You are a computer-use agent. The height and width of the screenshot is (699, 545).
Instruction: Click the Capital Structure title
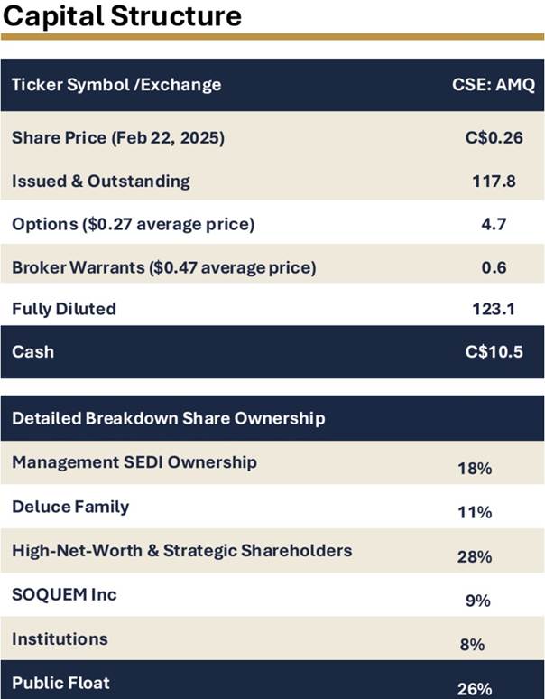122,15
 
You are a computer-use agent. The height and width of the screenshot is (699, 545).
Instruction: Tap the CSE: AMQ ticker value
493,85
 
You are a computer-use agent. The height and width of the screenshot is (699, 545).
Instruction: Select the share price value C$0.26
493,138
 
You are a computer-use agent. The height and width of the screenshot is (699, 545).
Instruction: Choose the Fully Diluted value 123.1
493,309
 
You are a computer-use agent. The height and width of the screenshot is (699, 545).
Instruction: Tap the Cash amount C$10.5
493,351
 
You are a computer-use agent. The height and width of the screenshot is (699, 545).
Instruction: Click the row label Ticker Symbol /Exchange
116,85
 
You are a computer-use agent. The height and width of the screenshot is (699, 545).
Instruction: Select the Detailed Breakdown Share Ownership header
169,418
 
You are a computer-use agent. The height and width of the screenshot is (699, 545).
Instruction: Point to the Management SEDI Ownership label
134,462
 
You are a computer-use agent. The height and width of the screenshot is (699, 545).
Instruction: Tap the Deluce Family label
70,506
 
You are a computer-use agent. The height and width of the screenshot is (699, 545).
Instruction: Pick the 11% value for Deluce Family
475,512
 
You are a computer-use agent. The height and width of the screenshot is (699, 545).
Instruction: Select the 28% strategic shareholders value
475,556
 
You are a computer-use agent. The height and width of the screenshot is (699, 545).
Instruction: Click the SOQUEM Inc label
64,594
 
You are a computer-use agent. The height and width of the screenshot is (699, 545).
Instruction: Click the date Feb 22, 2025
173,138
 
